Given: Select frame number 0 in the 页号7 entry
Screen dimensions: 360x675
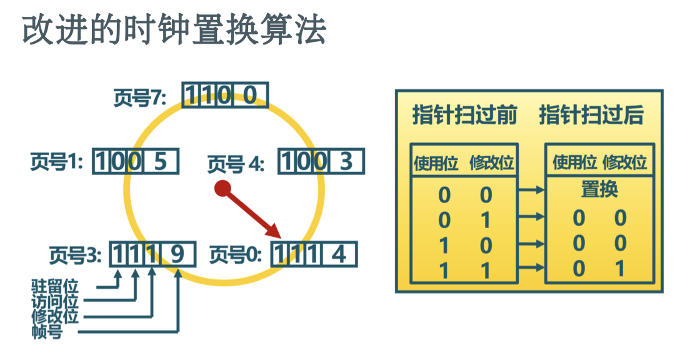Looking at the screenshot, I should tap(250, 96).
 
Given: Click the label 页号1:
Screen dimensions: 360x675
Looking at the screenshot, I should tap(57, 162).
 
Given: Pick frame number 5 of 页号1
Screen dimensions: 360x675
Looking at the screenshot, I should tap(161, 162).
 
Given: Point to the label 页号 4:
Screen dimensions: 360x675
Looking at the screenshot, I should tap(236, 164).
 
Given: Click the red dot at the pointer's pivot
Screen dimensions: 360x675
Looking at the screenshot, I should tap(221, 188).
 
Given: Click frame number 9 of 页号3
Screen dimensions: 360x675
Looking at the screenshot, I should tap(178, 255).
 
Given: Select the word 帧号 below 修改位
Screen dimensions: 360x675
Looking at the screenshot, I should tap(47, 331).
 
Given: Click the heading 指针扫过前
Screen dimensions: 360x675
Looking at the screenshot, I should tap(464, 116).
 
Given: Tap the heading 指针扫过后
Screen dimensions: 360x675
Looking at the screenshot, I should tap(591, 116).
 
